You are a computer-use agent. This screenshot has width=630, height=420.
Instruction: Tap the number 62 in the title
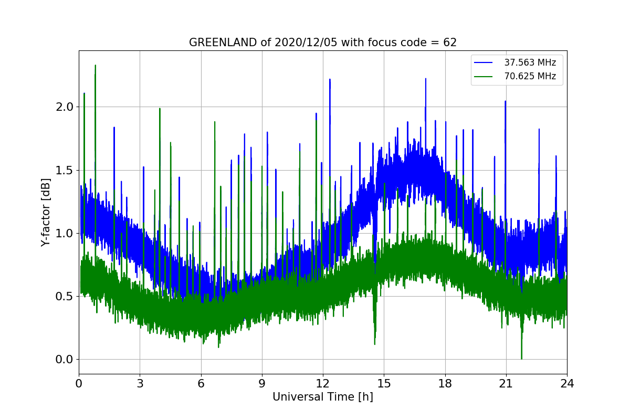point(450,43)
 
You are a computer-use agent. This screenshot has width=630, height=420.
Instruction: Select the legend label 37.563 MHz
point(530,62)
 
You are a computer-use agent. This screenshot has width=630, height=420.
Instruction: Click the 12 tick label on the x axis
point(323,383)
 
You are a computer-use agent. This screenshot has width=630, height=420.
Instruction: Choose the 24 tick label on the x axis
point(567,383)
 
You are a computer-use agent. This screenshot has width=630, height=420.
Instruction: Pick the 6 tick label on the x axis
point(201,383)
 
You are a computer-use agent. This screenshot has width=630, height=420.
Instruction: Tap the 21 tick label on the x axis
point(506,383)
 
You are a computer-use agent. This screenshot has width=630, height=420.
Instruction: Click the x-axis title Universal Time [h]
point(322,397)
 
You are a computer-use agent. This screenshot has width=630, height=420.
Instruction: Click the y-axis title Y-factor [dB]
point(46,212)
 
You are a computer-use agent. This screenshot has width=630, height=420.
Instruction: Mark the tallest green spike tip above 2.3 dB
point(95,66)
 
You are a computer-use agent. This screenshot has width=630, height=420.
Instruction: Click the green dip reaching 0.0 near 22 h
point(521,359)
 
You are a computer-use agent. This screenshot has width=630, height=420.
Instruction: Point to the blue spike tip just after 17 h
point(425,79)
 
